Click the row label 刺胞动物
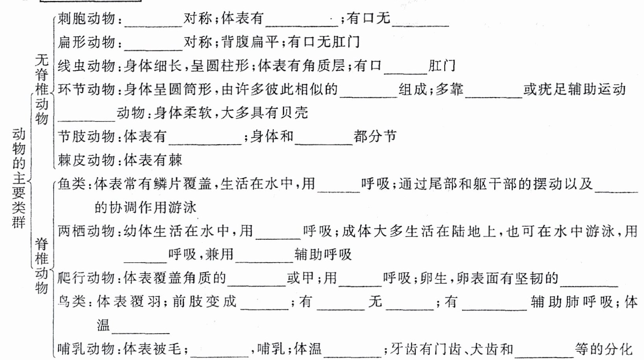pos(86,19)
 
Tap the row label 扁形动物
pos(86,42)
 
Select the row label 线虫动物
pos(86,66)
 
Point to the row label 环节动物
pos(86,90)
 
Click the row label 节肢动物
pos(86,137)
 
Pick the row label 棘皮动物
pos(86,160)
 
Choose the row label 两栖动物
pos(86,231)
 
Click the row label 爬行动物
pos(86,278)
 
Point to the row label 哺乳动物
pos(86,349)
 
